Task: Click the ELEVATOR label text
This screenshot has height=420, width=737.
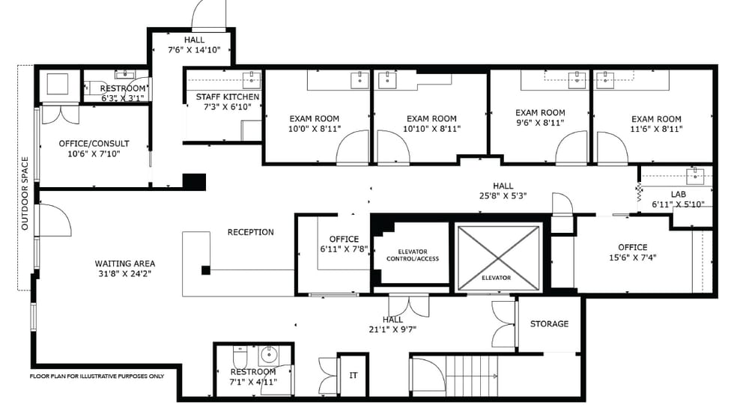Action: click(496, 278)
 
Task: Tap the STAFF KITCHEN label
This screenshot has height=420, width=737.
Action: click(228, 97)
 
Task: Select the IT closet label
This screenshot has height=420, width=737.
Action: click(353, 375)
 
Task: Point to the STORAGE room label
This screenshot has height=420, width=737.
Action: click(549, 323)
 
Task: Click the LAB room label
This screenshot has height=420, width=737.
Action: click(679, 194)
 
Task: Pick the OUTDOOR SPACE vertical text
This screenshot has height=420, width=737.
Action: click(25, 194)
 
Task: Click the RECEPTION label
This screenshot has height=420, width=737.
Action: click(250, 232)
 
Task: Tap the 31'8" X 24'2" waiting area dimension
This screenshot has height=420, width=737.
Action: click(124, 274)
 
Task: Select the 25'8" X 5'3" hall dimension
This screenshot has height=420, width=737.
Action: click(503, 196)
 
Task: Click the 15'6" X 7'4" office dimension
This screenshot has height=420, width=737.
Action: click(633, 258)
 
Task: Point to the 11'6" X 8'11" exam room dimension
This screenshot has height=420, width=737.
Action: click(656, 129)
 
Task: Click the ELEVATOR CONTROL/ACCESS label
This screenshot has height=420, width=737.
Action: click(413, 255)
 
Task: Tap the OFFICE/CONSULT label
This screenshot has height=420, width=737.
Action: click(94, 144)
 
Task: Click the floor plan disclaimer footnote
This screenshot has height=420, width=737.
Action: click(97, 377)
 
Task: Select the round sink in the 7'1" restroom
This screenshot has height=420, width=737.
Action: click(270, 355)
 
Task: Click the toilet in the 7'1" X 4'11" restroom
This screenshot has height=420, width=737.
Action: click(239, 356)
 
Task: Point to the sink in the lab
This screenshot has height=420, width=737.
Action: click(695, 176)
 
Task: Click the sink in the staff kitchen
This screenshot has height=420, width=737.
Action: click(252, 80)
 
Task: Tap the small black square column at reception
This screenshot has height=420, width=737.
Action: click(205, 270)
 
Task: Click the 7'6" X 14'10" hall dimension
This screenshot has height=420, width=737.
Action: click(194, 50)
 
